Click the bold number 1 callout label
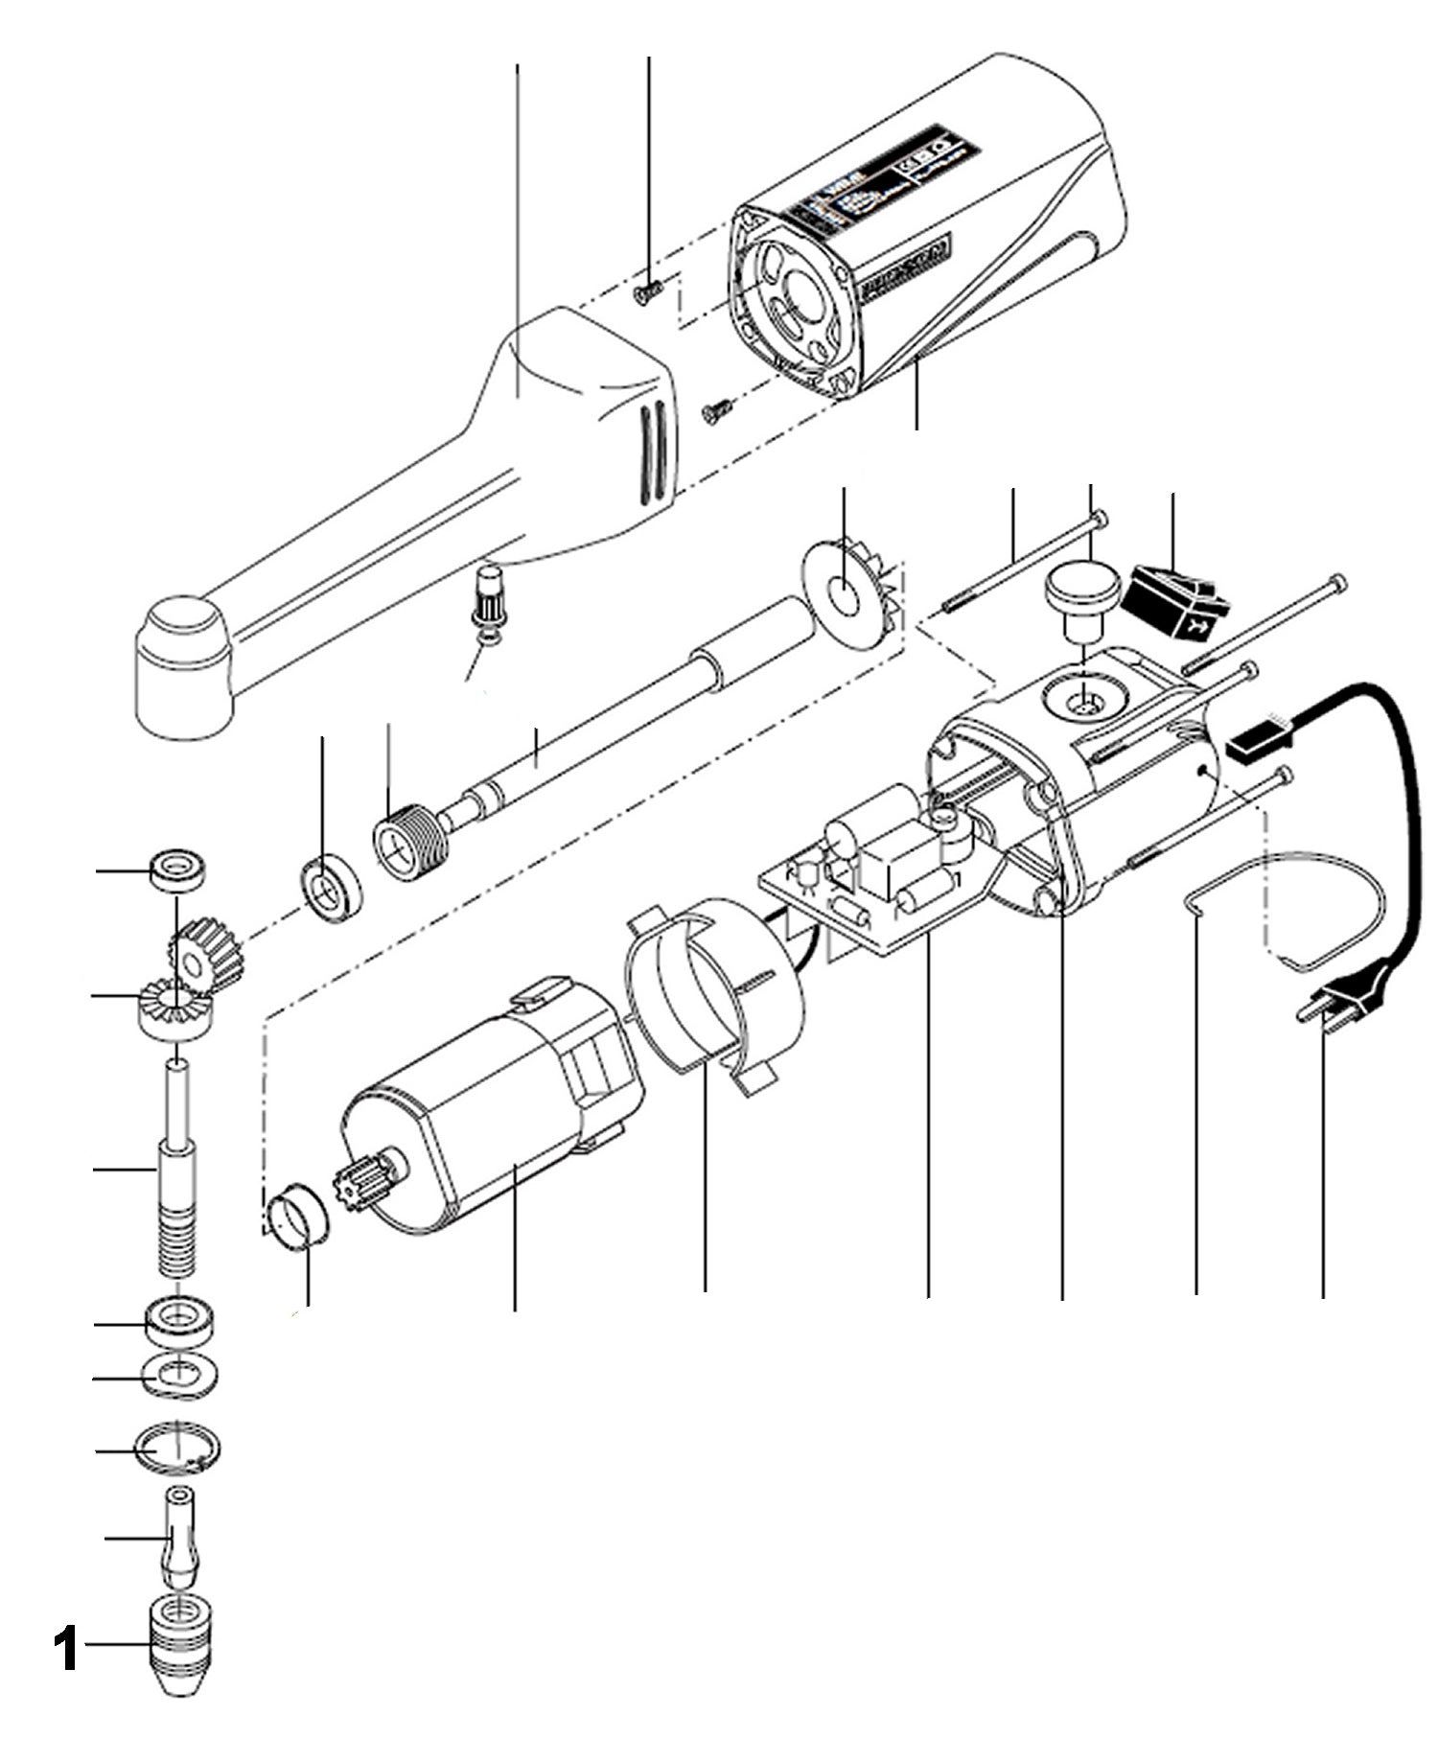pyautogui.click(x=64, y=1647)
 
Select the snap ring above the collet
pyautogui.click(x=180, y=1448)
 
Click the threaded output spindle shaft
pyautogui.click(x=179, y=1170)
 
